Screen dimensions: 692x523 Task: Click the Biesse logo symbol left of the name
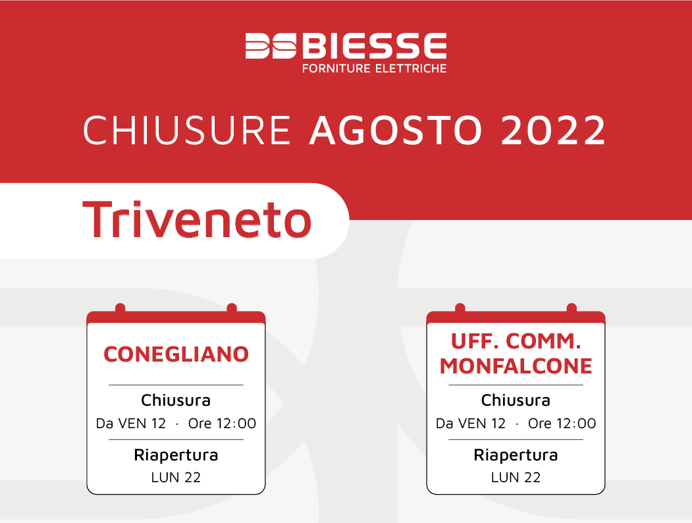pos(271,45)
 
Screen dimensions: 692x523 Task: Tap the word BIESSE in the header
pos(374,45)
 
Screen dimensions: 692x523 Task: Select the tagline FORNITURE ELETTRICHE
pos(374,69)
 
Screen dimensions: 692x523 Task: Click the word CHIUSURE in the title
pos(187,130)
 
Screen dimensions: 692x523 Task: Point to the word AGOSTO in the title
pos(396,130)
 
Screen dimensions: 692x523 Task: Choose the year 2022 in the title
pos(554,130)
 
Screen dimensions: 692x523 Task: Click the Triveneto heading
pos(197,219)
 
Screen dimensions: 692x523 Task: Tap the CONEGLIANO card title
pos(176,354)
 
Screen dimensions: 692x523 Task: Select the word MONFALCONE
pos(516,366)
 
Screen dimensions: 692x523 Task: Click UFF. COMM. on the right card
pos(516,341)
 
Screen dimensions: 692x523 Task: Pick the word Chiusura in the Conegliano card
pos(176,400)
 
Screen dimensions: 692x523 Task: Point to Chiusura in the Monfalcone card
pos(516,400)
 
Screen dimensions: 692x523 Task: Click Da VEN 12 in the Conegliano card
pos(130,424)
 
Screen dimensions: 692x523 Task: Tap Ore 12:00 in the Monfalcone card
pos(562,424)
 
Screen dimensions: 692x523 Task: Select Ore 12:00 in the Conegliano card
pos(222,424)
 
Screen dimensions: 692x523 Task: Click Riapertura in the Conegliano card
pos(176,455)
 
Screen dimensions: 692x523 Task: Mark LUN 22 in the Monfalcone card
pos(516,477)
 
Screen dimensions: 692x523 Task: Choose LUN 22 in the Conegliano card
pos(176,477)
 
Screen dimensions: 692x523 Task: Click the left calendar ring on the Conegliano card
pos(120,308)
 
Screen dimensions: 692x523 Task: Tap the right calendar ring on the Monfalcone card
pos(572,308)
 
